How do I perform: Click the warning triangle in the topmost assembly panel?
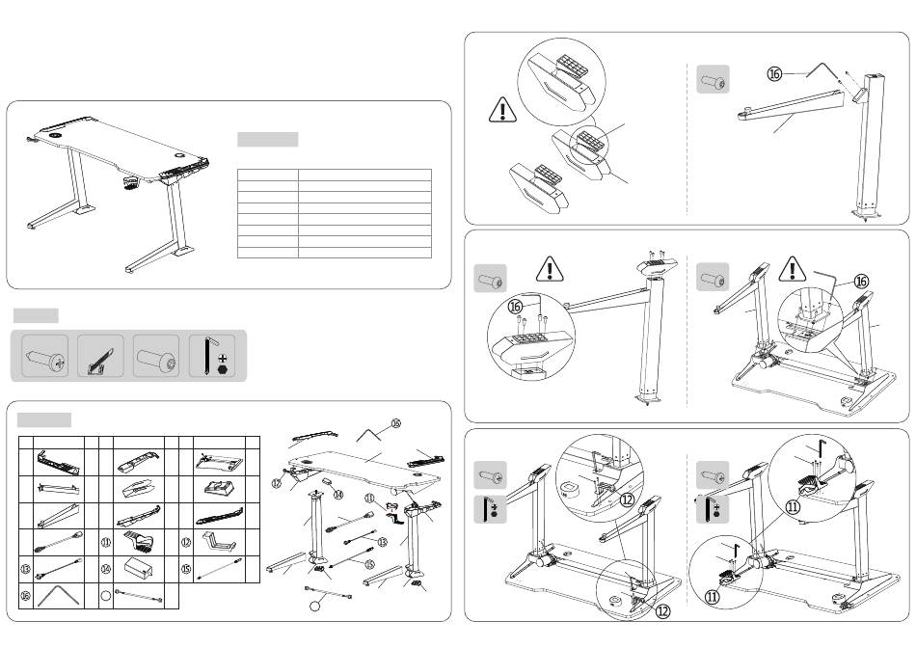(502, 111)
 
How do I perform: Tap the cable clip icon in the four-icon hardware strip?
(99, 356)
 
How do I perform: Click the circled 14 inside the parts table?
(106, 570)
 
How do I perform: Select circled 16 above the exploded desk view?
(395, 422)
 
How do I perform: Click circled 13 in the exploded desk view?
(381, 542)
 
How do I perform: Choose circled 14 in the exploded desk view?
(337, 495)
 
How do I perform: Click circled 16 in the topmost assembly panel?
(774, 73)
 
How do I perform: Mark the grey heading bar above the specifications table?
(267, 139)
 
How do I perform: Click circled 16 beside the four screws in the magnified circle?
(516, 307)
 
